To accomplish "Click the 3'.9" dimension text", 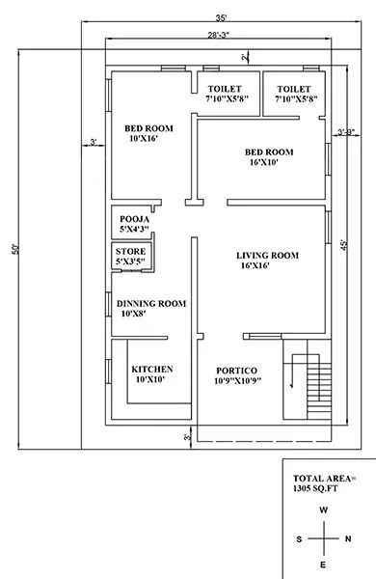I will (x=345, y=131).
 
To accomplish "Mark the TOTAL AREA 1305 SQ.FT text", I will (x=324, y=483).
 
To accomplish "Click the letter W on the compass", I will (x=325, y=510).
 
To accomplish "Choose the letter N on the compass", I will (x=348, y=538).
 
